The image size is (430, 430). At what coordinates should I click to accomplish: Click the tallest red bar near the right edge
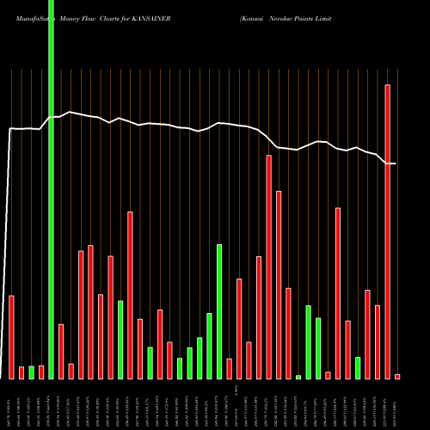388,232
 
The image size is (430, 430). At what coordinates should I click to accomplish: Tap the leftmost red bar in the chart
12,336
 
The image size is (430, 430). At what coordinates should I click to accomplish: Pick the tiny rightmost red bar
397,376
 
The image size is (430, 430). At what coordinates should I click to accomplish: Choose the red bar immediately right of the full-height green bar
61,351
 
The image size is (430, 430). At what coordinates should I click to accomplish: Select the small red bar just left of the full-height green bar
41,372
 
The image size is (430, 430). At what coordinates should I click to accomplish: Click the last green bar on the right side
358,367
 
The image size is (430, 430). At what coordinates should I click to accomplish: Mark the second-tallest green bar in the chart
219,311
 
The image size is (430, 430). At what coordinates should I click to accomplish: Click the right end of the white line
395,163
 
